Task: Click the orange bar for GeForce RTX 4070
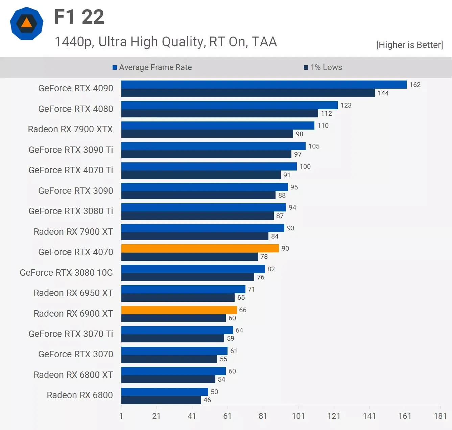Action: (x=200, y=248)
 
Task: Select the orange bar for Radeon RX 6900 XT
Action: (x=179, y=310)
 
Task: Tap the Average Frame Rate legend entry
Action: (x=152, y=67)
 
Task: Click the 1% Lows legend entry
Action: (x=323, y=67)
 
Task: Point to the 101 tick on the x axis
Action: (x=298, y=416)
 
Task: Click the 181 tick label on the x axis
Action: (x=440, y=416)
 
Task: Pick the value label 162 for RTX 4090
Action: (x=415, y=85)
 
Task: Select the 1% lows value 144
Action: (x=383, y=93)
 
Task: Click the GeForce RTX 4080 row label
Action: (x=76, y=109)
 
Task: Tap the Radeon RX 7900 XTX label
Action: (x=70, y=129)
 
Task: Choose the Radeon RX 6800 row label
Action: (x=80, y=395)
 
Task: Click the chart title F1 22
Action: (x=79, y=17)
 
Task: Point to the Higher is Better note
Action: (x=409, y=45)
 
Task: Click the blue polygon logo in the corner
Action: (x=27, y=23)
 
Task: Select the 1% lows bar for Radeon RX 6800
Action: (x=161, y=400)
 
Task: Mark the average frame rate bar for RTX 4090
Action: (x=264, y=85)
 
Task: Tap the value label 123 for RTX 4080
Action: (x=346, y=105)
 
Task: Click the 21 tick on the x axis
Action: (x=156, y=416)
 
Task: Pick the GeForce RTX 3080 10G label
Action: (x=66, y=273)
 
